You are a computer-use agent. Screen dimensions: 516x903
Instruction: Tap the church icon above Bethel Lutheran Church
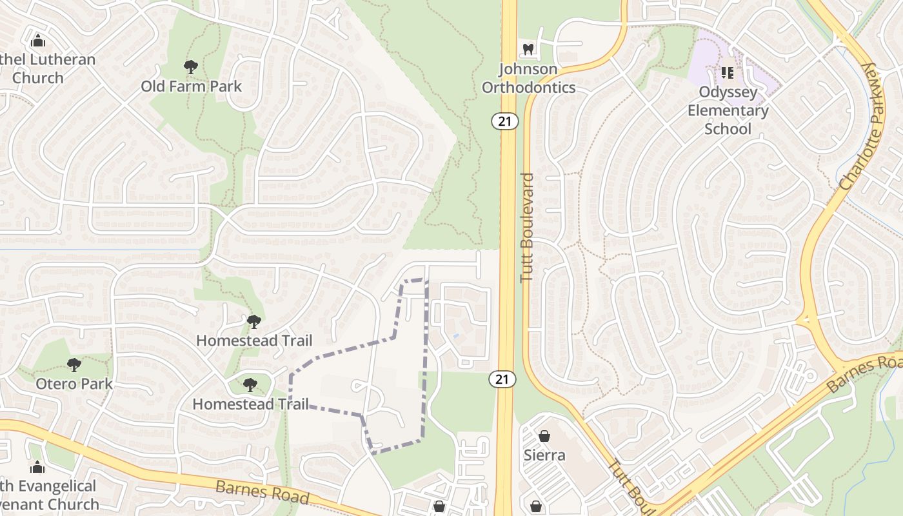click(38, 41)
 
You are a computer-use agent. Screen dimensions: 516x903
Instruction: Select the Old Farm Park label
click(191, 86)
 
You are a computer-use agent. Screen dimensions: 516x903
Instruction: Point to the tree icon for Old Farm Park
click(190, 66)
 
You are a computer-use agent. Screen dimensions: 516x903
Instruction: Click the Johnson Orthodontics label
click(528, 78)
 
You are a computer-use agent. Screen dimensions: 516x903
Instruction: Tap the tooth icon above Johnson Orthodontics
click(528, 49)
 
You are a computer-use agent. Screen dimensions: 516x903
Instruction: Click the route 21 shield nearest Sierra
click(502, 379)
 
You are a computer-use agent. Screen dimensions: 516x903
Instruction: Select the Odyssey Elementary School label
click(728, 110)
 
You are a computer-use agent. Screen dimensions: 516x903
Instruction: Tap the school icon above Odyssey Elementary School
click(728, 73)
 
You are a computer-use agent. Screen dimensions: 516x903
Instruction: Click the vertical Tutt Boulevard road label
click(527, 226)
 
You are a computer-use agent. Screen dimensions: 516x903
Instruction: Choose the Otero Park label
click(74, 384)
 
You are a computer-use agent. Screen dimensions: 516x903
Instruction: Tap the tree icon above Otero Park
click(74, 365)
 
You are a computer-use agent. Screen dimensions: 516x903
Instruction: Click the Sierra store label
click(544, 455)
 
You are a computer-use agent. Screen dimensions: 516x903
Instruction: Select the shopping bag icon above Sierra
click(544, 436)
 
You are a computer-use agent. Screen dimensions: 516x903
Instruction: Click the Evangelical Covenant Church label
click(48, 495)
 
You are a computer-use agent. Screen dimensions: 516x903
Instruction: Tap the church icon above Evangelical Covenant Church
click(37, 467)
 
